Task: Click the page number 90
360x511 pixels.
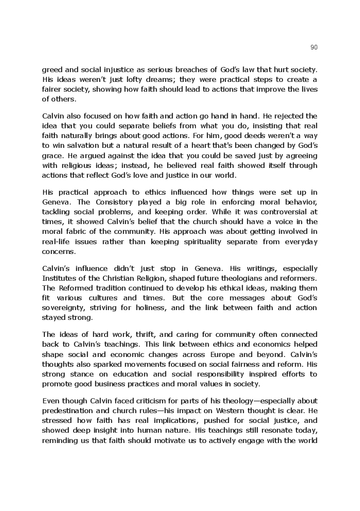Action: pos(314,47)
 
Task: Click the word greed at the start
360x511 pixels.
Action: pos(52,70)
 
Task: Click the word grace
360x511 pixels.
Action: pos(52,156)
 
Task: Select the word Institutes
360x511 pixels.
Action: pos(59,278)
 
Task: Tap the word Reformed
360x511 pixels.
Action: pos(74,288)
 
